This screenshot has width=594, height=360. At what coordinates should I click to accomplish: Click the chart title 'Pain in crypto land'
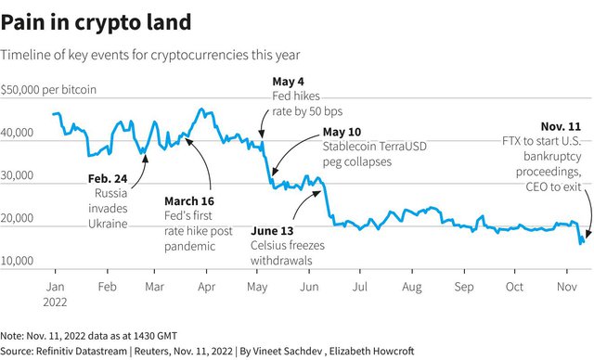click(x=96, y=22)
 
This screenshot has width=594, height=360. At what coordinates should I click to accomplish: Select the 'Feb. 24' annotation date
click(x=108, y=178)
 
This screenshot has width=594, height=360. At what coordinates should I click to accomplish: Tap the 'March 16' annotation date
click(x=189, y=200)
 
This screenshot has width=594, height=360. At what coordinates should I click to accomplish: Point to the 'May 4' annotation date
click(x=288, y=82)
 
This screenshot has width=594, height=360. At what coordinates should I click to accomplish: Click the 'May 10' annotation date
click(x=342, y=132)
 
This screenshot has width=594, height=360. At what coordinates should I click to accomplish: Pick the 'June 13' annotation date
click(x=272, y=230)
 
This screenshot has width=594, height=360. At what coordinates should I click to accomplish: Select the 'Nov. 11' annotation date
click(x=561, y=126)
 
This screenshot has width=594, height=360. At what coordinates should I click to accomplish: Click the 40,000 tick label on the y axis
click(x=17, y=133)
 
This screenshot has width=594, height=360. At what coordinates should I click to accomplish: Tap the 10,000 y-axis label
click(x=17, y=261)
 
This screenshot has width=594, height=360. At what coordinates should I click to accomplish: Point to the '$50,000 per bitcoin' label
click(x=48, y=90)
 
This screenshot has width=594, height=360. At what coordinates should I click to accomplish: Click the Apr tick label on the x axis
click(x=206, y=287)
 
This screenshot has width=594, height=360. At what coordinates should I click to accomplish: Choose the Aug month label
click(x=412, y=287)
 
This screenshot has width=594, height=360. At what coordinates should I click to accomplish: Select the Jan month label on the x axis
click(x=56, y=287)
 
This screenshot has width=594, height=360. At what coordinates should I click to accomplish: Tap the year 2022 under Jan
click(x=55, y=302)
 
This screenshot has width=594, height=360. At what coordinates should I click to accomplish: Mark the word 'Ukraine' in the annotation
click(x=108, y=224)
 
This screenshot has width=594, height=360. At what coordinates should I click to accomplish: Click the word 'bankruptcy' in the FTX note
click(x=552, y=157)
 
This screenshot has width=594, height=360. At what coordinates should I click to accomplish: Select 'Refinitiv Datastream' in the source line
click(x=82, y=351)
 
